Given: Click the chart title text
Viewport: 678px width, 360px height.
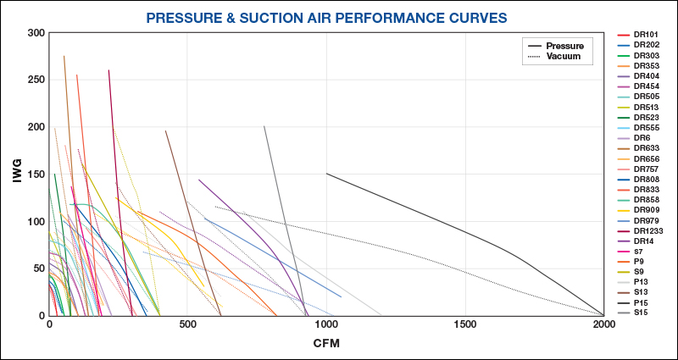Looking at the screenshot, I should [338, 17].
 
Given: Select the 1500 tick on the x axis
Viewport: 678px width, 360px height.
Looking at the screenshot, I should [464, 324].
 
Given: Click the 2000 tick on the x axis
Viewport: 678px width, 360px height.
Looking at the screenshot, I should [603, 324].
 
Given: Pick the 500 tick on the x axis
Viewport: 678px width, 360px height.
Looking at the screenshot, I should [188, 324].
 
